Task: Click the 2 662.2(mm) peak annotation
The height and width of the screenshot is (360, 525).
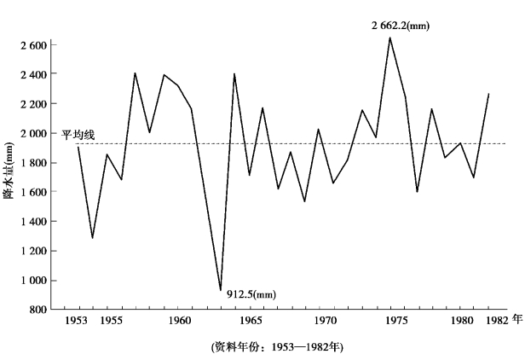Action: tap(400, 25)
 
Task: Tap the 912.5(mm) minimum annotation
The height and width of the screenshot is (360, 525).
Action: tap(251, 294)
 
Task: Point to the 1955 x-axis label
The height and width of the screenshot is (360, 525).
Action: tap(108, 322)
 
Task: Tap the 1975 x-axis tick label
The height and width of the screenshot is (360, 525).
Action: tap(395, 322)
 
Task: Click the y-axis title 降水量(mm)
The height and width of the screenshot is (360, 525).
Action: tap(10, 176)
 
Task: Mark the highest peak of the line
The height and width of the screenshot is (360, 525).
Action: tap(389, 37)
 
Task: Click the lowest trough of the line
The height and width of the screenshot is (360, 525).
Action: tap(221, 291)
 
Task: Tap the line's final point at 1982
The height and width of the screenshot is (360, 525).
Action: tap(488, 93)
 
